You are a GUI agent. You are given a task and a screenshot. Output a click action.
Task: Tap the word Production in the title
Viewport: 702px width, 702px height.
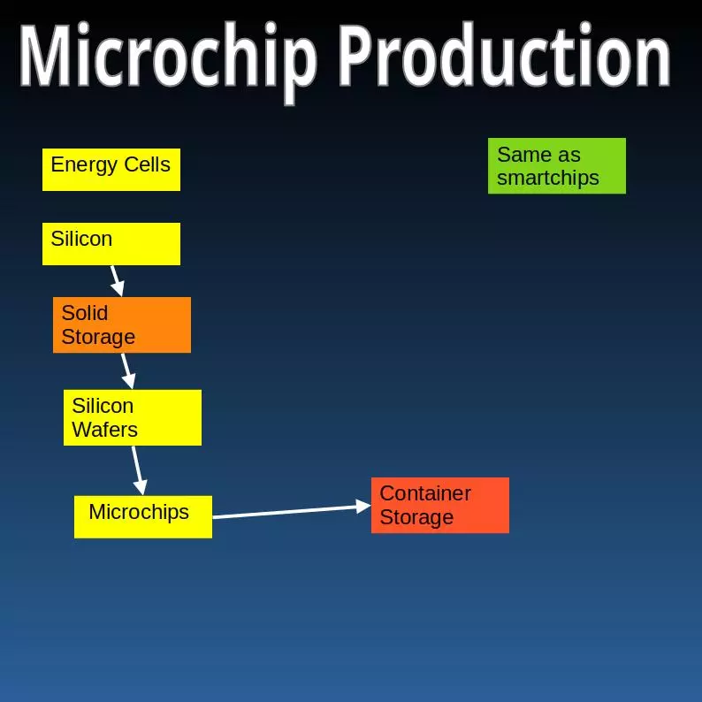[504, 54]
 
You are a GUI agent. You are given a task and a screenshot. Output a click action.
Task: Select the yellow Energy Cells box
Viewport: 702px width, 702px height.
[111, 170]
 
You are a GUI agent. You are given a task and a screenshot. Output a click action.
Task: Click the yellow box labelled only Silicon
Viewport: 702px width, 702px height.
[111, 244]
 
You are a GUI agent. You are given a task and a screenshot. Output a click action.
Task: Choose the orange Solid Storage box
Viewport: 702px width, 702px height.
[122, 325]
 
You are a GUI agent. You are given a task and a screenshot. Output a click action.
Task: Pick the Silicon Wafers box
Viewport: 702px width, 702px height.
[133, 417]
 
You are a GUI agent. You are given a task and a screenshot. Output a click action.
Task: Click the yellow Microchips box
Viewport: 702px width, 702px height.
[143, 517]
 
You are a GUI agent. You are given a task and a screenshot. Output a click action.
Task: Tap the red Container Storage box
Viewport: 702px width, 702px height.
[440, 506]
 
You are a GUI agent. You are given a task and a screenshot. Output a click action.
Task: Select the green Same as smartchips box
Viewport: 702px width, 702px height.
[557, 166]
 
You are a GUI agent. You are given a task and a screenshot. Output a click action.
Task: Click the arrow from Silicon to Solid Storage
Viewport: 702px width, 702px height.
[118, 281]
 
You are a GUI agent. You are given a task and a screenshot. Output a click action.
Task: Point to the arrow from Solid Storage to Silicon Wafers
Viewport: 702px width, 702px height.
[128, 371]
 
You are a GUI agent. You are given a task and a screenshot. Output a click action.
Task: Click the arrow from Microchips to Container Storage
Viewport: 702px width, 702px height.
[292, 511]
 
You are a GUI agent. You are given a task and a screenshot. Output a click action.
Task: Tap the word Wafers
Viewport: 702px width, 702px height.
[104, 430]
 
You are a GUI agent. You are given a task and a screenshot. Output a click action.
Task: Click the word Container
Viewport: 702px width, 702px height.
[425, 493]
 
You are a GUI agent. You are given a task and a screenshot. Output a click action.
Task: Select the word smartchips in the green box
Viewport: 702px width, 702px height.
[548, 179]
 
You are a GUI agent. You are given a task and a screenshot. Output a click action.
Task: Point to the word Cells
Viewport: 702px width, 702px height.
[147, 164]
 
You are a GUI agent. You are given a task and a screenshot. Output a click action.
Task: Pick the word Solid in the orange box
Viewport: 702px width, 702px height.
[85, 313]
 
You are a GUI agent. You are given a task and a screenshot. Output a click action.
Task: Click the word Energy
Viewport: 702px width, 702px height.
[84, 165]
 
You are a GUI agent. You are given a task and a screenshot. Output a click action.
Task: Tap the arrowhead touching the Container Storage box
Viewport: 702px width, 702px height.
[363, 507]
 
